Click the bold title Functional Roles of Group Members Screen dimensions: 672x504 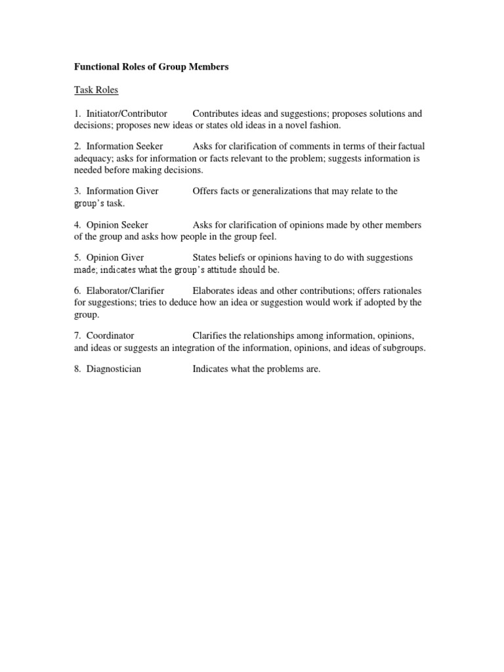click(151, 67)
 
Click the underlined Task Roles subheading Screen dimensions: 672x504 click(96, 91)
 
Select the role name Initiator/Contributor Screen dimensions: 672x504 click(127, 114)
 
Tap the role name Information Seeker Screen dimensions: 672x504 click(125, 146)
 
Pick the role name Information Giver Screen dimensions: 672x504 click(122, 191)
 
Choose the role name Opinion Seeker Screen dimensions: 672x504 click(117, 224)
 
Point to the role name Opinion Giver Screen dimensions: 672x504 click(115, 257)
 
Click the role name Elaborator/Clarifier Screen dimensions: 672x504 click(125, 290)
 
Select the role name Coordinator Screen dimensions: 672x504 click(110, 335)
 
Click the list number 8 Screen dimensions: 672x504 click(77, 369)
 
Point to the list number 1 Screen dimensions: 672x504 click(77, 114)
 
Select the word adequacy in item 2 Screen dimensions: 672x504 click(94, 158)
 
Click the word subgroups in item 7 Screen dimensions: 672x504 click(403, 347)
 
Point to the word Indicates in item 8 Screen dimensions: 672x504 click(212, 369)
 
